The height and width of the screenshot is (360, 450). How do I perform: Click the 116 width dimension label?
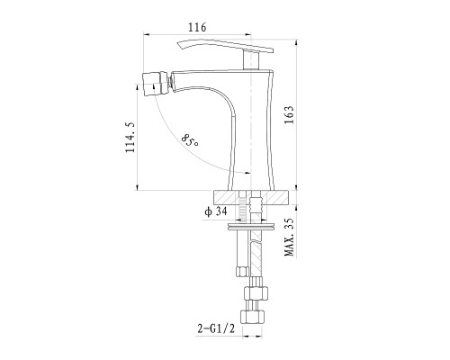[197, 27]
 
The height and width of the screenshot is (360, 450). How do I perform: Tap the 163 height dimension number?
[290, 115]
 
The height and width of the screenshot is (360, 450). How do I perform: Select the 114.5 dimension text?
[130, 137]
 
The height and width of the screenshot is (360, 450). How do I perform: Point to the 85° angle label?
[190, 140]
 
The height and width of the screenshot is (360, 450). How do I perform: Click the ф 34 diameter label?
[216, 211]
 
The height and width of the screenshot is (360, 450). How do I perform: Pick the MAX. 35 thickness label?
[290, 238]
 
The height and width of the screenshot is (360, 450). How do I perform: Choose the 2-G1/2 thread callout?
[216, 328]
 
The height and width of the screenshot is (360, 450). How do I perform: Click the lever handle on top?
[225, 46]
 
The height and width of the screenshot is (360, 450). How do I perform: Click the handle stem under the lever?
[250, 60]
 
